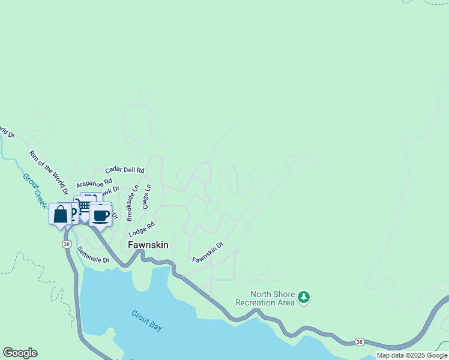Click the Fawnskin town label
(148, 245)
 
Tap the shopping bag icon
(61, 214)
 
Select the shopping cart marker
(85, 205)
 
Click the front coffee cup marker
(100, 215)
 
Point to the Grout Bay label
(147, 320)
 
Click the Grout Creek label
(35, 190)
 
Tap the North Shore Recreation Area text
(273, 298)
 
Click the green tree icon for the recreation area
(304, 298)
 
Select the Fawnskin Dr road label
(208, 252)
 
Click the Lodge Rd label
(142, 229)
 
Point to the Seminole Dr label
(93, 256)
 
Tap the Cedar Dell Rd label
(125, 170)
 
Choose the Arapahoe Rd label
(94, 182)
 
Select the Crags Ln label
(146, 196)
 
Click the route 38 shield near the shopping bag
(66, 244)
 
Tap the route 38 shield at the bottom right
(359, 341)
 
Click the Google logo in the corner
(20, 353)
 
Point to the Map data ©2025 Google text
(412, 355)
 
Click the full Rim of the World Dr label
(49, 172)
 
